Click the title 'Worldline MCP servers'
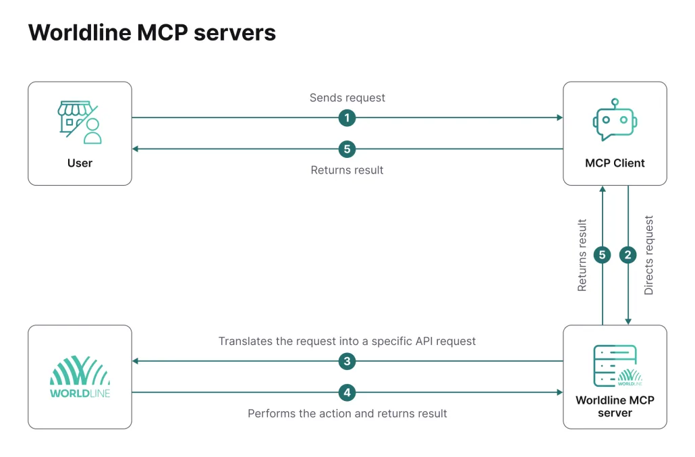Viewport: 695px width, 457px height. click(152, 32)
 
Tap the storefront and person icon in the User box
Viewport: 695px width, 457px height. click(80, 122)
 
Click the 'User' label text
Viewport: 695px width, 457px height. click(80, 163)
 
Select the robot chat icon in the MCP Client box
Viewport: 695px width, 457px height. click(615, 121)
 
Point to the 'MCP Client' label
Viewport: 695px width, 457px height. click(615, 163)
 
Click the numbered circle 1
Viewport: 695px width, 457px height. click(347, 117)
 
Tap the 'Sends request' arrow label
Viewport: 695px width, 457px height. click(347, 98)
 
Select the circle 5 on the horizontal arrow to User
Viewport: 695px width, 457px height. click(347, 149)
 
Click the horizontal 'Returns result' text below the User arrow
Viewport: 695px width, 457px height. click(347, 170)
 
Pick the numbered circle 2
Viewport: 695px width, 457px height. click(628, 255)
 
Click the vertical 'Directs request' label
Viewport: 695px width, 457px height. click(649, 255)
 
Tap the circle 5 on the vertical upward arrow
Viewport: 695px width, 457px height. click(603, 255)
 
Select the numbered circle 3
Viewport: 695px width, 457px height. click(347, 361)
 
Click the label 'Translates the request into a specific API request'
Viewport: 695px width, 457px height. click(347, 342)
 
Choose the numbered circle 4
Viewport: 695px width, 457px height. click(347, 392)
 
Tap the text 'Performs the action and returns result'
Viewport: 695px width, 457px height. click(347, 413)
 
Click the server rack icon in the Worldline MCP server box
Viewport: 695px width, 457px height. click(615, 365)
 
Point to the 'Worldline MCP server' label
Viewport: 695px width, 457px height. click(615, 406)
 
